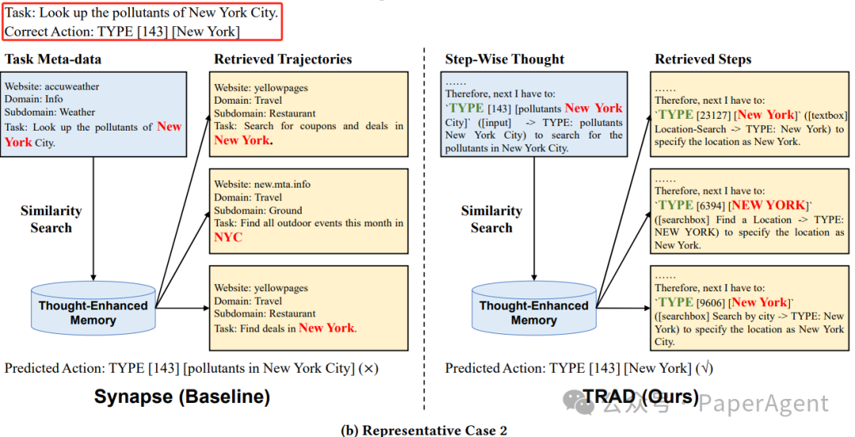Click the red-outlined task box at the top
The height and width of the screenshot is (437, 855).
pyautogui.click(x=141, y=22)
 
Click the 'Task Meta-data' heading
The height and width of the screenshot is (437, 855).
pyautogui.click(x=53, y=59)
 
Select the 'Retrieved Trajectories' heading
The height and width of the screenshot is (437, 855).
pyautogui.click(x=283, y=59)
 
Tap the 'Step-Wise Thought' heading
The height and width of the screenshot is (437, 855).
pyautogui.click(x=504, y=59)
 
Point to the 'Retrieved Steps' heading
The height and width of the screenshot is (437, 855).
pyautogui.click(x=703, y=59)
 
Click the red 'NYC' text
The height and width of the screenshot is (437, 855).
pyautogui.click(x=228, y=237)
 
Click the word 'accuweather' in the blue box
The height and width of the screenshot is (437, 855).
pyautogui.click(x=74, y=86)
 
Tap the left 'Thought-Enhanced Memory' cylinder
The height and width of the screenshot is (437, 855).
pyautogui.click(x=93, y=308)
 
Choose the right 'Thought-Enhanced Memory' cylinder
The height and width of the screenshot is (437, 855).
pyautogui.click(x=534, y=308)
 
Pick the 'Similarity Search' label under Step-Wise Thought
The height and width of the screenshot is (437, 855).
pyautogui.click(x=492, y=219)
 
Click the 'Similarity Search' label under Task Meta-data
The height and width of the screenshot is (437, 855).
pyautogui.click(x=51, y=219)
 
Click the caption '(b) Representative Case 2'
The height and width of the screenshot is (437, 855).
pyautogui.click(x=424, y=430)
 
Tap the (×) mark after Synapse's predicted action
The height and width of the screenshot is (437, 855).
pyautogui.click(x=369, y=368)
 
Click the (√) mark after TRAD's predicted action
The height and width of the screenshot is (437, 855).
pyautogui.click(x=704, y=368)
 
